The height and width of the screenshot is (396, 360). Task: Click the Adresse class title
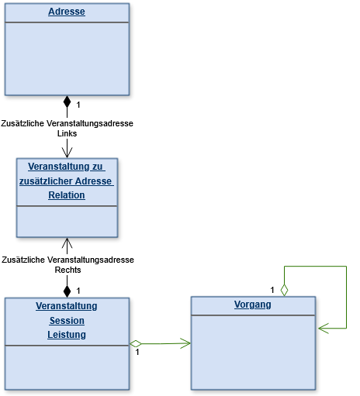coord(67,12)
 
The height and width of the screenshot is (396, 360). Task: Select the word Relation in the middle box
coord(67,195)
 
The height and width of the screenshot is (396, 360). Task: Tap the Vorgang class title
coord(253,305)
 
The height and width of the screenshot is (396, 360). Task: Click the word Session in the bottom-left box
coord(67,321)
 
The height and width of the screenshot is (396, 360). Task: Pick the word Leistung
coord(67,335)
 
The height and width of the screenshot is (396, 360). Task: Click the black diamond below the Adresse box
coord(67,102)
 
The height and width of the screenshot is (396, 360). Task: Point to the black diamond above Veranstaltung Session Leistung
coord(67,291)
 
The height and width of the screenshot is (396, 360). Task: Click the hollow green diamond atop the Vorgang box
coord(284,290)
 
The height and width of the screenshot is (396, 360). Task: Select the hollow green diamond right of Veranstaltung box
coord(136,344)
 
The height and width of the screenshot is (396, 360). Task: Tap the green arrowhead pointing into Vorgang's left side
coord(185,343)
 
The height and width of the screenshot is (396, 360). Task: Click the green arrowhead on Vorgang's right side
coord(324,329)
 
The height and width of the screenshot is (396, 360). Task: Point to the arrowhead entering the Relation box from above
coord(67,153)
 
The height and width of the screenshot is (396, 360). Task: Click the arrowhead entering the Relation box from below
coord(67,243)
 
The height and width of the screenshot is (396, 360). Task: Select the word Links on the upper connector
coord(67,133)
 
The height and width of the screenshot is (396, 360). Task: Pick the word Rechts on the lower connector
coord(67,270)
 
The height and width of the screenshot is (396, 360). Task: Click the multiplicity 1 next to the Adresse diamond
coord(78,105)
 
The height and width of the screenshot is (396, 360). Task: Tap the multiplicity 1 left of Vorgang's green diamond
coord(272,290)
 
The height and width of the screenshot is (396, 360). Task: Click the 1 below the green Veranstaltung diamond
coord(137,352)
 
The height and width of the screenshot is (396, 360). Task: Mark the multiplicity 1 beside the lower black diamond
coord(78,291)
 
